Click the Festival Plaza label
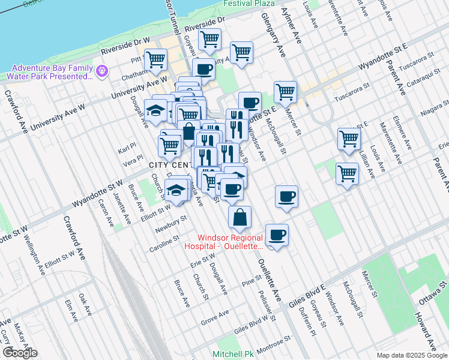(x=249, y=3)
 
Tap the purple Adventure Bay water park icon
(x=102, y=71)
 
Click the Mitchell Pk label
(x=233, y=355)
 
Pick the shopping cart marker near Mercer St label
(x=285, y=91)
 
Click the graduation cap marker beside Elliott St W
(x=176, y=190)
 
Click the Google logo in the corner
(x=20, y=353)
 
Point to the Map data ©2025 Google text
(x=411, y=355)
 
